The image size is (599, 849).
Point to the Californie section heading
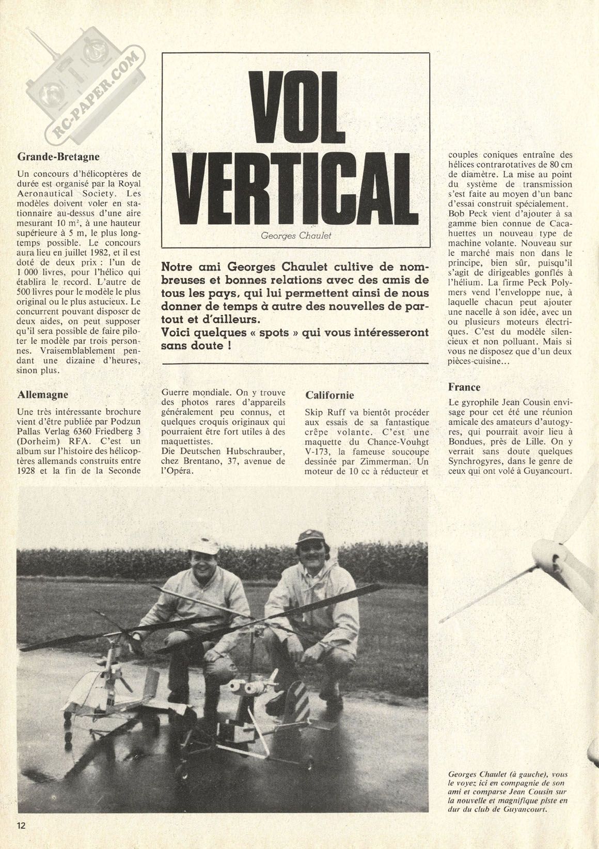(x=329, y=395)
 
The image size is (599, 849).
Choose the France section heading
(x=464, y=387)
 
